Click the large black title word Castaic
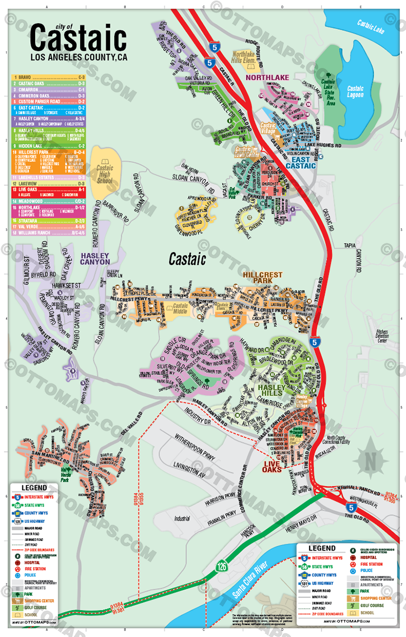(x=78, y=39)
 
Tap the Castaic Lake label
(x=370, y=25)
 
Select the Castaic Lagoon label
(x=356, y=91)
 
